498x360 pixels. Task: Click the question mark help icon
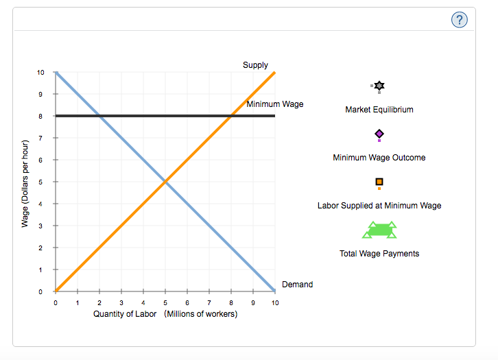pyautogui.click(x=460, y=21)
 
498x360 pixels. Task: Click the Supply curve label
pyautogui.click(x=255, y=65)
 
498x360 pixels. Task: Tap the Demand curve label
pyautogui.click(x=297, y=285)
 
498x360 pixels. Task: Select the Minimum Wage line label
pyautogui.click(x=274, y=104)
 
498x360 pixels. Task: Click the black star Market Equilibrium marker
pyautogui.click(x=379, y=86)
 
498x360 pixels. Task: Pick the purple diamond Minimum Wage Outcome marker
pyautogui.click(x=379, y=134)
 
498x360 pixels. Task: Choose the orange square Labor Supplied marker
pyautogui.click(x=379, y=182)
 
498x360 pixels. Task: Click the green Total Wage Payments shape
pyautogui.click(x=379, y=230)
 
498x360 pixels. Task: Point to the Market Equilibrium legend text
pyautogui.click(x=379, y=110)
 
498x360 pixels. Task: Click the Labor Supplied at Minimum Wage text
pyautogui.click(x=379, y=206)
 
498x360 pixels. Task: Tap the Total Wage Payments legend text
pyautogui.click(x=379, y=254)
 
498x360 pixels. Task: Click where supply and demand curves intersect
pyautogui.click(x=165, y=182)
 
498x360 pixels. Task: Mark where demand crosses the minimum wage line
pyautogui.click(x=99, y=116)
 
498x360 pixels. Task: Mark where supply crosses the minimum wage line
pyautogui.click(x=231, y=116)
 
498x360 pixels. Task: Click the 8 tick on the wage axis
pyautogui.click(x=41, y=117)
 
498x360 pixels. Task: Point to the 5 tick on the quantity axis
pyautogui.click(x=165, y=302)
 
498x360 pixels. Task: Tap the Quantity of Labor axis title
pyautogui.click(x=165, y=314)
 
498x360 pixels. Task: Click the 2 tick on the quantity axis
pyautogui.click(x=99, y=302)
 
